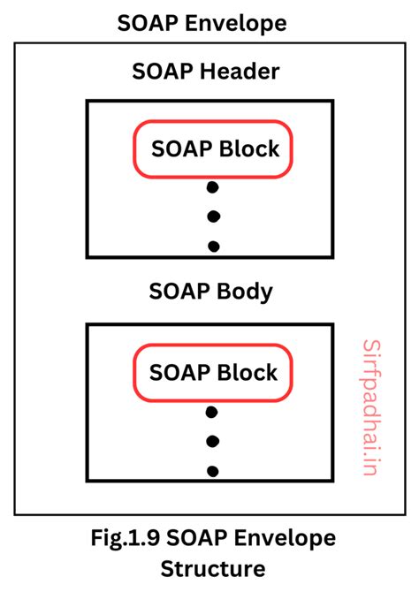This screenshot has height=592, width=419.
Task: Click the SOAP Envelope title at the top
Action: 209,23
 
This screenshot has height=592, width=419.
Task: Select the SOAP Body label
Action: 209,292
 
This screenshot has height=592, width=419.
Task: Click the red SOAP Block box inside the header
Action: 212,148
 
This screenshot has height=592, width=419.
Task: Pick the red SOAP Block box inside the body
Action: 212,372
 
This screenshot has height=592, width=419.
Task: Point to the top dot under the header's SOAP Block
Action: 212,187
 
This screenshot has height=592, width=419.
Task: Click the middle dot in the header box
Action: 212,216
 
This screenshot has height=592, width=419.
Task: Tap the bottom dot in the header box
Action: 212,246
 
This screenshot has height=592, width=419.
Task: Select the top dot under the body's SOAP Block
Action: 212,412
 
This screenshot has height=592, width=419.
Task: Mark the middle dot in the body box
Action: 212,441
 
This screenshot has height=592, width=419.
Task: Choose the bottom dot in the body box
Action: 212,470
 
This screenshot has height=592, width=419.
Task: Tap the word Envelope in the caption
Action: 286,537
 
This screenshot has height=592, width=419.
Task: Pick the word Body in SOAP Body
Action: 243,292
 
